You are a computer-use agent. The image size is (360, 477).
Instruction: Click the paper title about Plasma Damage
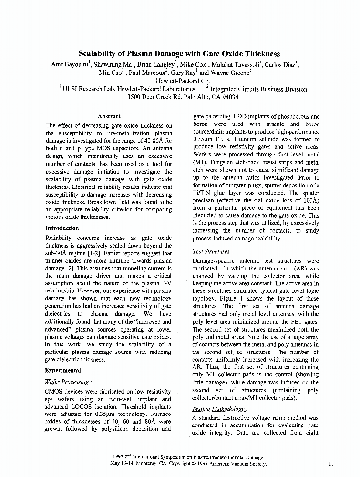click(179, 54)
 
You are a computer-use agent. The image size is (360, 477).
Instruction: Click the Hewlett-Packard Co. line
click(180, 81)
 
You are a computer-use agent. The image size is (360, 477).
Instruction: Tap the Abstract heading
click(109, 116)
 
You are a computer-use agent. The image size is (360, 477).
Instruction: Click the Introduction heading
click(62, 228)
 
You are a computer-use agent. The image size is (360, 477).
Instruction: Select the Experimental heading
click(63, 370)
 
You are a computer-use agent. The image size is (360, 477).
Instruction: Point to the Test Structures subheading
click(213, 251)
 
